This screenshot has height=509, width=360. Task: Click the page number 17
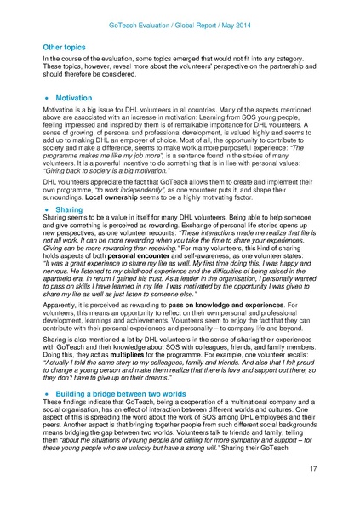pyautogui.click(x=313, y=491)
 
